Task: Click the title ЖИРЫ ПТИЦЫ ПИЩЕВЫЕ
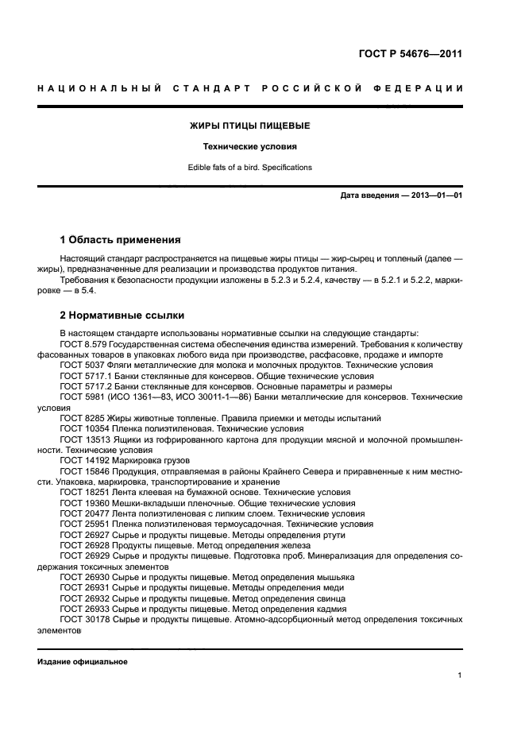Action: pyautogui.click(x=249, y=126)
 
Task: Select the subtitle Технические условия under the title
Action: pyautogui.click(x=249, y=147)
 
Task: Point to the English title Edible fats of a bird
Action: pyautogui.click(x=249, y=168)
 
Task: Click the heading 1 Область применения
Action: pyautogui.click(x=121, y=239)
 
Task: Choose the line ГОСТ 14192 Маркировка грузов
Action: pyautogui.click(x=122, y=460)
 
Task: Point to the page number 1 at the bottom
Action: pyautogui.click(x=460, y=676)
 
